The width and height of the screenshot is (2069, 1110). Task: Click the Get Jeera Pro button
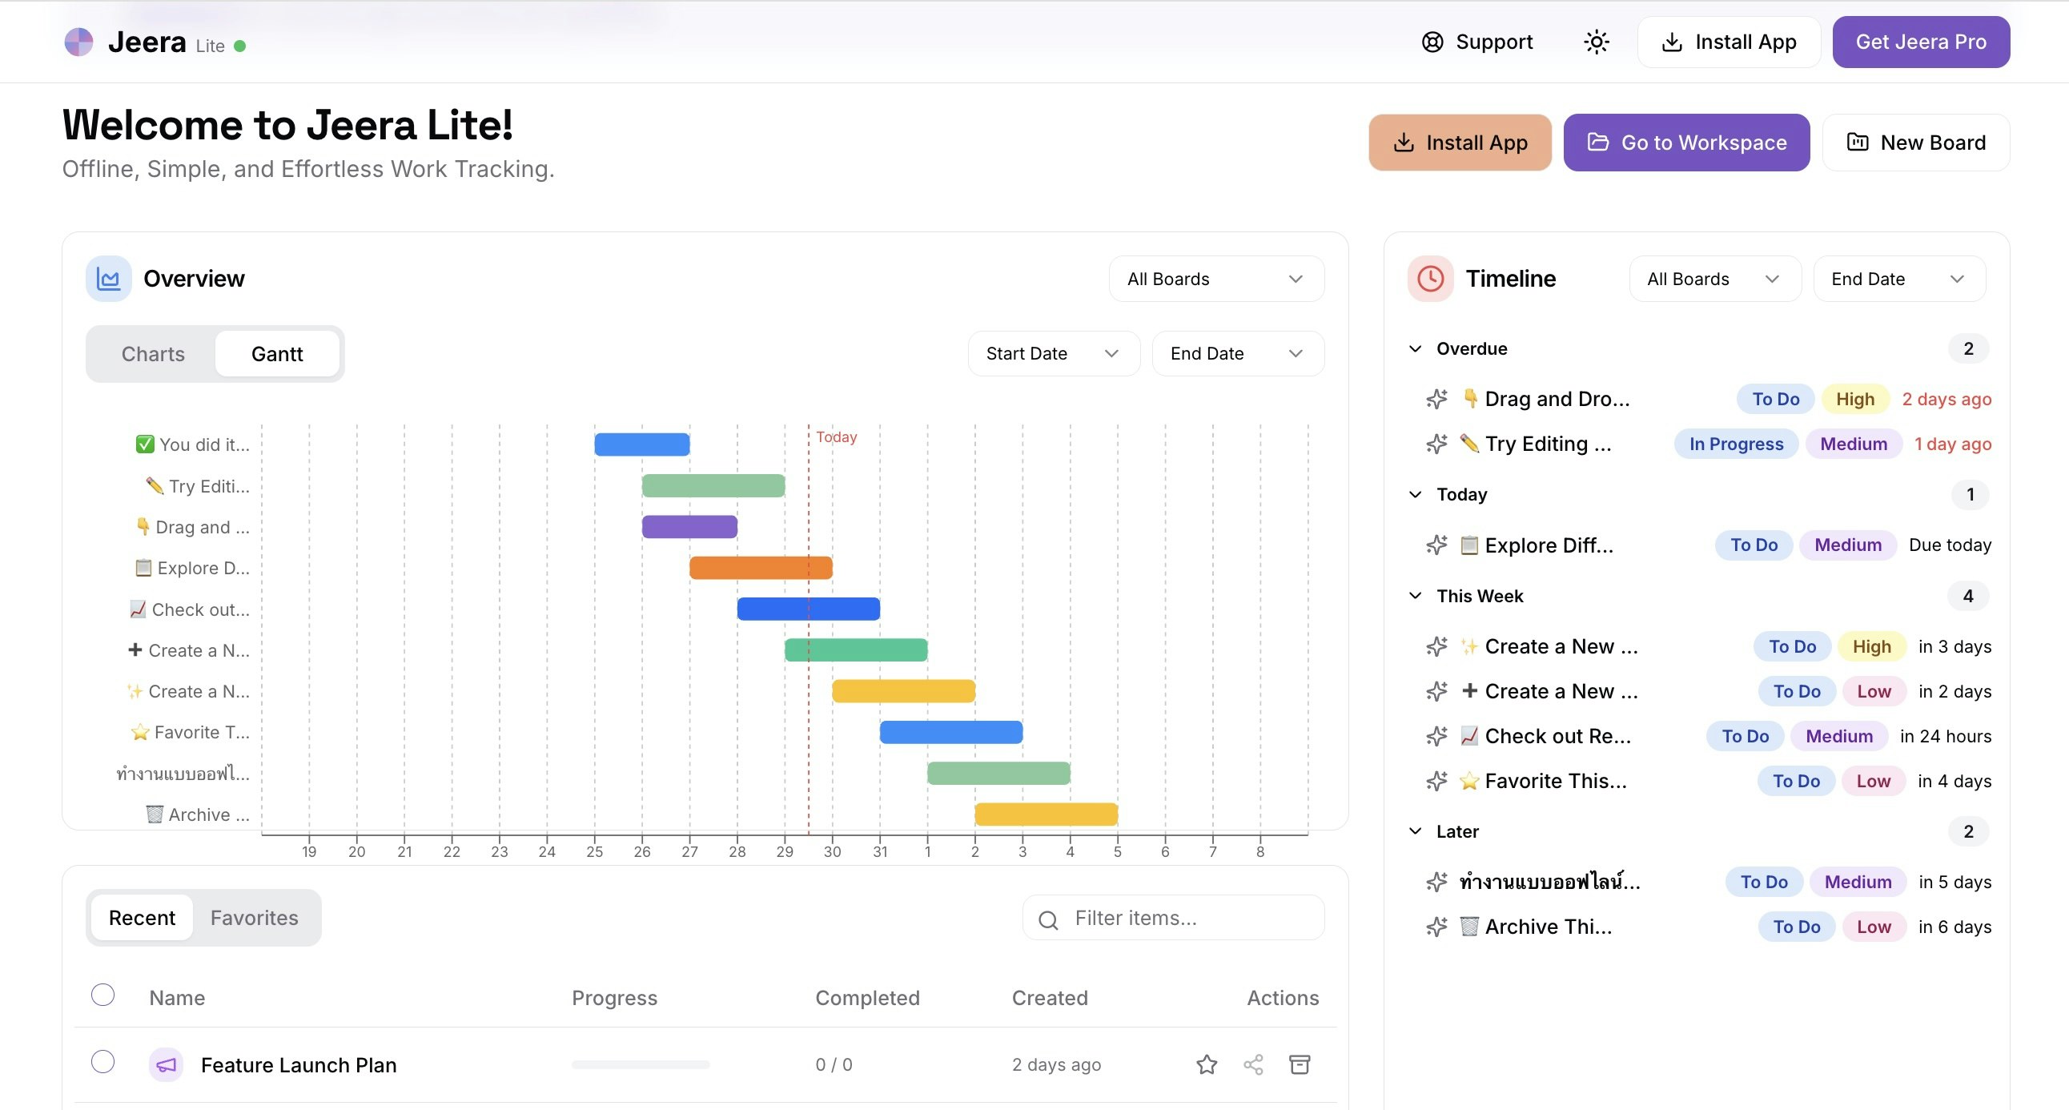pos(1920,42)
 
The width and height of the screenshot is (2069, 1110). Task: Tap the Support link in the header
pos(1477,42)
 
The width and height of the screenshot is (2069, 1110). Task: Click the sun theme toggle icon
pos(1596,42)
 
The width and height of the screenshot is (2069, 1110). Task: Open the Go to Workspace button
pos(1686,143)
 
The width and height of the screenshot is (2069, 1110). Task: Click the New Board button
pos(1915,143)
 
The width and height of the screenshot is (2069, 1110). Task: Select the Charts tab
pos(153,354)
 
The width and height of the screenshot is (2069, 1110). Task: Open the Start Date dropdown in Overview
pos(1053,353)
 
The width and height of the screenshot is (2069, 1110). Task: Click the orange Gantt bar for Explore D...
pos(760,568)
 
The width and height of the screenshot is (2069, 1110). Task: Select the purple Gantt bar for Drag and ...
pos(689,527)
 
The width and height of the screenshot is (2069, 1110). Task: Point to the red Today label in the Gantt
pos(836,437)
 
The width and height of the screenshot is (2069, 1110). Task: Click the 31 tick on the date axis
pos(879,851)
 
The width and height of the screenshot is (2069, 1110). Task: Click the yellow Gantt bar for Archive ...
pos(1046,814)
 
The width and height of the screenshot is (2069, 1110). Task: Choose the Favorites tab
pos(254,917)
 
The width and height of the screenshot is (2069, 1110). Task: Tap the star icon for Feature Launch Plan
pos(1207,1064)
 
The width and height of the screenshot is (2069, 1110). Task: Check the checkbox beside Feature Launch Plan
pos(102,1062)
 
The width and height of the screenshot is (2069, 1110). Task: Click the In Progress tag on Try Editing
pos(1736,444)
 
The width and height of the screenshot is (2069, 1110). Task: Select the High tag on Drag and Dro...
pos(1854,399)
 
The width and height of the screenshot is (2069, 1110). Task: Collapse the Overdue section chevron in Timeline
pos(1415,348)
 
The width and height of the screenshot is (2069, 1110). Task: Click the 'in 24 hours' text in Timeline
pos(1945,736)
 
